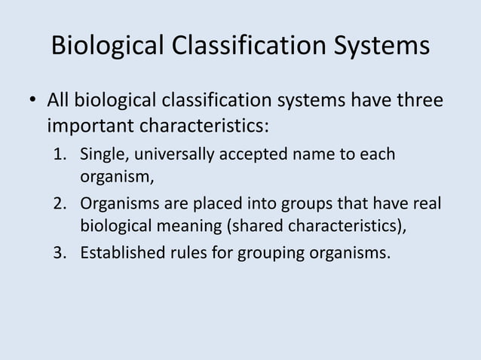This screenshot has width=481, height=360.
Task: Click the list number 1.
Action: [x=59, y=155]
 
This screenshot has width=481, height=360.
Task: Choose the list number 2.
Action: [x=59, y=203]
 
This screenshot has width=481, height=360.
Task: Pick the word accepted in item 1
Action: [x=252, y=155]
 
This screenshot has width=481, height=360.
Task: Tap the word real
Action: [x=427, y=203]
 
